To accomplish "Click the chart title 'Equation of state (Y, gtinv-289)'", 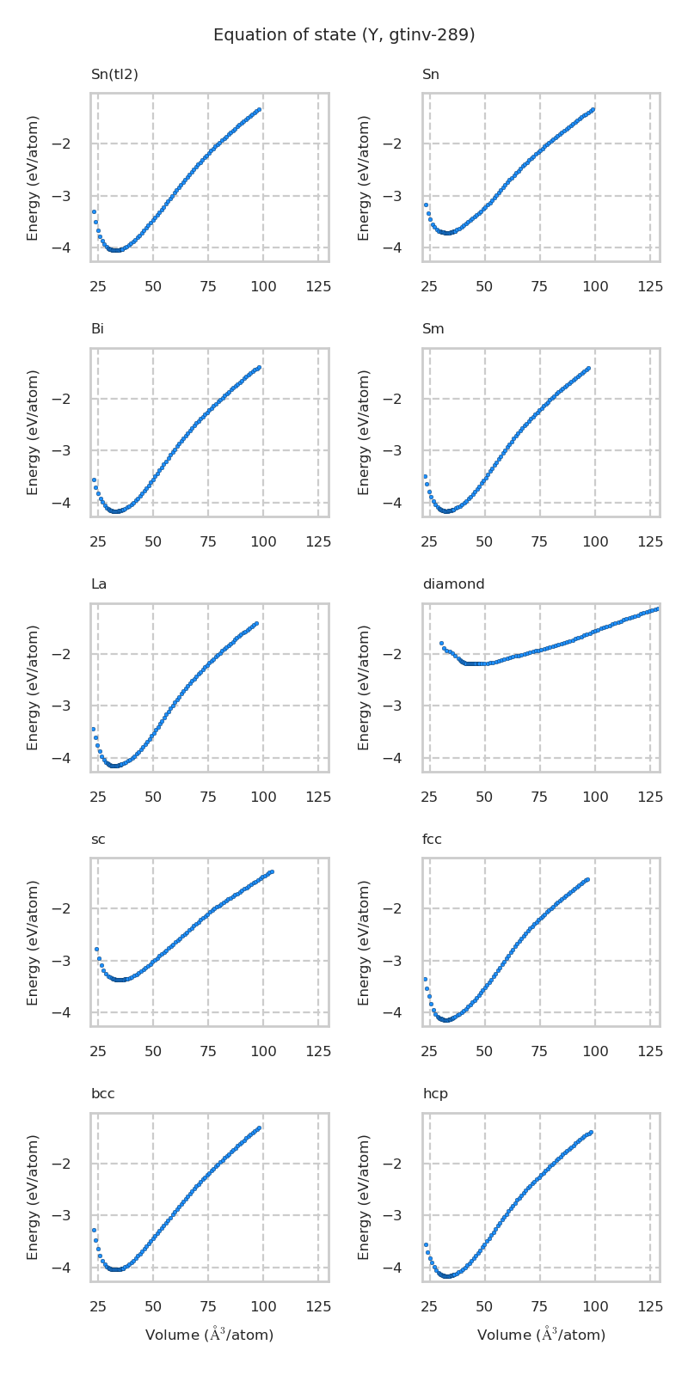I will coord(344,35).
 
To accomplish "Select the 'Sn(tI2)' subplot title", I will coord(114,75).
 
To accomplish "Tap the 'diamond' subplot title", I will coord(453,584).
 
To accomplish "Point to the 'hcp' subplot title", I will coord(435,1094).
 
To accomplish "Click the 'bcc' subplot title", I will coord(103,1094).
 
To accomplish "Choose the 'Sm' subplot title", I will coord(433,329).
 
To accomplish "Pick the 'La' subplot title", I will coord(99,584).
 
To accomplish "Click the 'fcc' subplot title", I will coord(432,840).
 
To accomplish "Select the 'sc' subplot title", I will coord(98,840).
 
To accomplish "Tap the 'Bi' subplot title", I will coord(97,329).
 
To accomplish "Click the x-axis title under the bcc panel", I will coord(209,1335).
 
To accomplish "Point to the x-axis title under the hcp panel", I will coord(541,1335).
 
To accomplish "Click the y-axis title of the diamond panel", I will coord(365,687).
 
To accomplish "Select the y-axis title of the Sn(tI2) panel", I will coord(33,177).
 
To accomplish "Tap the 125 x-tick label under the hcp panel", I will coord(650,1307).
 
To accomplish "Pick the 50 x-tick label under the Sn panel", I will coord(484,286).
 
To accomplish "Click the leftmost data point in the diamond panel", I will coord(441,643).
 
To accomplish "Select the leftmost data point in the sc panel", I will coord(96,949).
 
